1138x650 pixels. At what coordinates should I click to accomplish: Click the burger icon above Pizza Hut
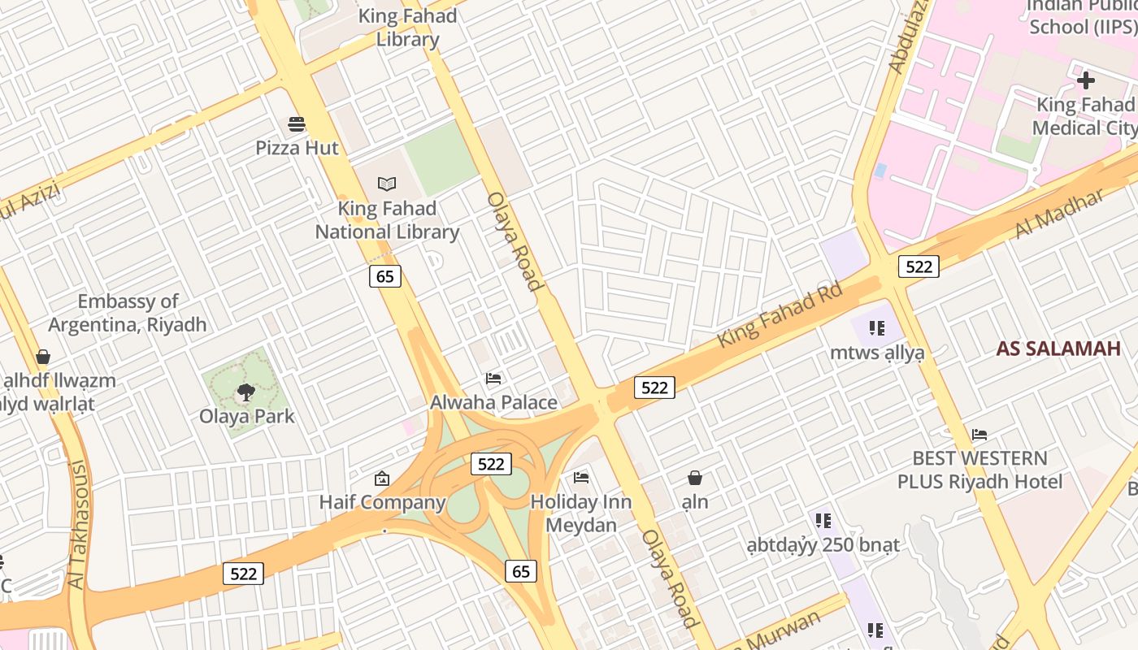pyautogui.click(x=297, y=124)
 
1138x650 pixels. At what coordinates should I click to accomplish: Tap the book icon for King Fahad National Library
pyautogui.click(x=387, y=184)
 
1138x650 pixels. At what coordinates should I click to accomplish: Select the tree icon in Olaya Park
pyautogui.click(x=245, y=393)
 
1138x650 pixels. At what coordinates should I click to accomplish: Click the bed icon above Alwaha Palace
pyautogui.click(x=493, y=378)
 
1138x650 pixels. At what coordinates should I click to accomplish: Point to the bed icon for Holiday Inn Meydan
pyautogui.click(x=581, y=477)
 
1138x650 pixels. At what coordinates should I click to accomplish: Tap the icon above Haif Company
pyautogui.click(x=381, y=479)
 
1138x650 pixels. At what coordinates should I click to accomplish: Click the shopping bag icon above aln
pyautogui.click(x=695, y=478)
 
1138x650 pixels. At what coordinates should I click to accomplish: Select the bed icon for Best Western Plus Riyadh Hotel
pyautogui.click(x=979, y=435)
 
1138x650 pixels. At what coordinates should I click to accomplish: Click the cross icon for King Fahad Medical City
pyautogui.click(x=1086, y=80)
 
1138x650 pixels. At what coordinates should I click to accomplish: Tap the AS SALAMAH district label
pyautogui.click(x=1058, y=349)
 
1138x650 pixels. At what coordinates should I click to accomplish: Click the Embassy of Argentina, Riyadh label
pyautogui.click(x=128, y=313)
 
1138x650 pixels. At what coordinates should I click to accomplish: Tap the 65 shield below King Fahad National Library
pyautogui.click(x=385, y=276)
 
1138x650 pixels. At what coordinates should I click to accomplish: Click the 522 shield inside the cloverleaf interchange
pyautogui.click(x=491, y=464)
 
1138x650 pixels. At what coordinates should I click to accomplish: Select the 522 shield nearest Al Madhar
pyautogui.click(x=919, y=266)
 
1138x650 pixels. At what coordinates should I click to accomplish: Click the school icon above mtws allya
pyautogui.click(x=876, y=328)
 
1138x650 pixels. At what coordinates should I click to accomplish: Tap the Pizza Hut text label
pyautogui.click(x=297, y=148)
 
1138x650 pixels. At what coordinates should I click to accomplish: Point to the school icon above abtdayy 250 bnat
pyautogui.click(x=823, y=519)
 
